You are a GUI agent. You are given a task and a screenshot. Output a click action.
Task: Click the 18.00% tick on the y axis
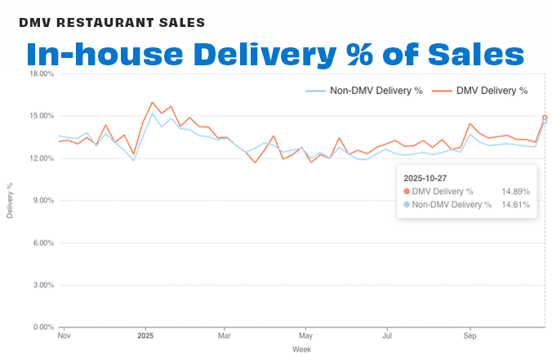coord(42,73)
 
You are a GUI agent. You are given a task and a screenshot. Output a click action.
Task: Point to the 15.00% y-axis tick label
coord(42,116)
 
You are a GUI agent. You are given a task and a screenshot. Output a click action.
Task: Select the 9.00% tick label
coord(43,200)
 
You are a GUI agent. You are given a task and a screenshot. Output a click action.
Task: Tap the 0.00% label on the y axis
coord(43,327)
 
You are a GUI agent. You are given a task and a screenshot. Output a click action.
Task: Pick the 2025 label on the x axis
coord(145,336)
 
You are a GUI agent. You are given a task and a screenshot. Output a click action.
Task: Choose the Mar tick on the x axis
coord(225,336)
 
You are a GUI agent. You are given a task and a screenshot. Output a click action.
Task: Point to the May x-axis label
coord(305,336)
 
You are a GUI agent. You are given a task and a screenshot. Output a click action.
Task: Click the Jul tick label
coord(387,336)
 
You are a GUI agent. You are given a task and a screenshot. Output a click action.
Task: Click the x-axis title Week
coord(301,349)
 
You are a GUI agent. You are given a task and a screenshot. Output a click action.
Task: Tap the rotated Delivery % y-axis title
coord(10,201)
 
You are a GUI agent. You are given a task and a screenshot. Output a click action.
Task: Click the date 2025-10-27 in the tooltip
coord(425,176)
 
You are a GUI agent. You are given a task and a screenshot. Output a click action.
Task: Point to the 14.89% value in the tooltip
coord(515,191)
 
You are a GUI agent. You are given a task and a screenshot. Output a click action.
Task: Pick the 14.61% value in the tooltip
coord(515,205)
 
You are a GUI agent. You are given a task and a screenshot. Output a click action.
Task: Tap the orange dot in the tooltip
coord(407,191)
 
